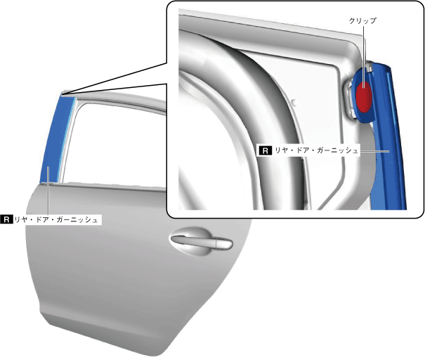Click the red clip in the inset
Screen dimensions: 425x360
point(363,96)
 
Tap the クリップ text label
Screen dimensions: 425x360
point(362,20)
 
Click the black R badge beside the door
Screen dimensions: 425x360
point(6,219)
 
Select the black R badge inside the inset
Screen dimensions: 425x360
point(266,150)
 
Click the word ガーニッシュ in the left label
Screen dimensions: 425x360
point(77,220)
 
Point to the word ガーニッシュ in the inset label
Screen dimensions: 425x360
point(337,150)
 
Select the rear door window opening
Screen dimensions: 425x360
point(114,143)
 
